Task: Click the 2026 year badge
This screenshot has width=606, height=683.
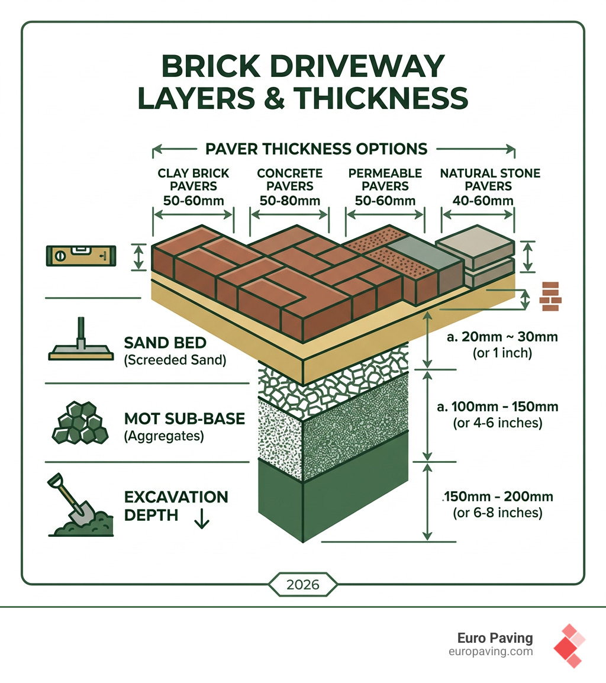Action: click(x=303, y=585)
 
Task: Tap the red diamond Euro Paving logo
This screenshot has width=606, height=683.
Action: click(x=569, y=646)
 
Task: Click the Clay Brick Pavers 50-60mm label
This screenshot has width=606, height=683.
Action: click(x=194, y=186)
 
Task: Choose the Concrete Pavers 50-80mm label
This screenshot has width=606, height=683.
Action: click(x=290, y=186)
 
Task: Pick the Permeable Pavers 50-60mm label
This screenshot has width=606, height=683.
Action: click(x=385, y=186)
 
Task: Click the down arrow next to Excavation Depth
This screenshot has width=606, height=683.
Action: click(x=202, y=518)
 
